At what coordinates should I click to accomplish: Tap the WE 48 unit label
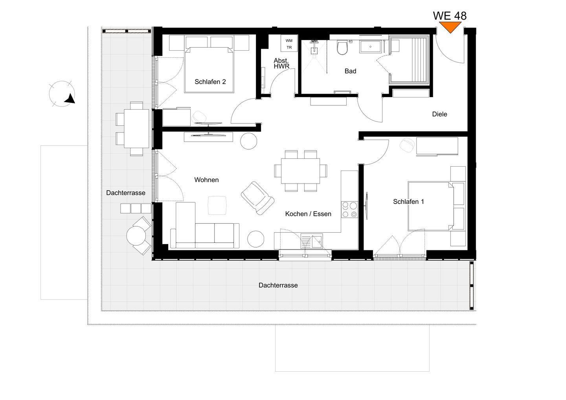[450, 16]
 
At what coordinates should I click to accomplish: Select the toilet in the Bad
[342, 48]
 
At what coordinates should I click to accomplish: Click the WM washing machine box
[289, 43]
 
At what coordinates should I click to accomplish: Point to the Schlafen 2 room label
[210, 82]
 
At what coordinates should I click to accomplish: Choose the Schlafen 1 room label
[408, 202]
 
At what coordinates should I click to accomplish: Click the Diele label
[439, 114]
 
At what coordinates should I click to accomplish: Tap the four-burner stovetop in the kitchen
[349, 209]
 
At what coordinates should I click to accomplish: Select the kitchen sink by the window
[312, 241]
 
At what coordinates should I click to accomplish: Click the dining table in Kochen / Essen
[300, 171]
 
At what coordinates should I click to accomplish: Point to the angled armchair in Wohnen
[257, 198]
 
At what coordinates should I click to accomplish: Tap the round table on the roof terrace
[136, 236]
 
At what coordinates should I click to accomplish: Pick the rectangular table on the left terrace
[136, 128]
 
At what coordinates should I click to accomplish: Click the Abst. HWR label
[281, 63]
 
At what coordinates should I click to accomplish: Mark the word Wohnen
[206, 180]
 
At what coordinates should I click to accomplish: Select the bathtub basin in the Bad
[371, 47]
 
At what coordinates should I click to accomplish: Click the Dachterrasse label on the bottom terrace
[278, 285]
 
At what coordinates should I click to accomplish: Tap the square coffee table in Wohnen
[217, 205]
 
